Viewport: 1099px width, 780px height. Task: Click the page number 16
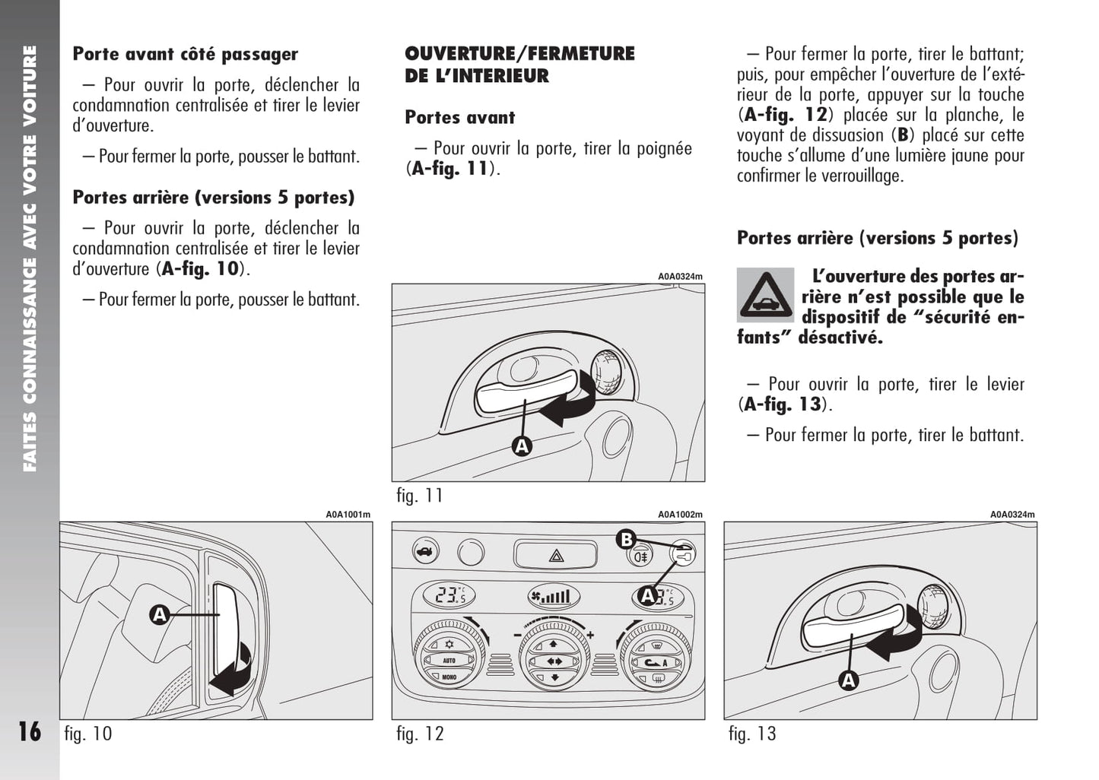(x=30, y=731)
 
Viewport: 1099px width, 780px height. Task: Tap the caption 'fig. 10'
(x=88, y=734)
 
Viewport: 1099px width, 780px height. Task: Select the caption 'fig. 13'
(x=752, y=734)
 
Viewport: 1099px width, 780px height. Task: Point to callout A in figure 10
(x=160, y=615)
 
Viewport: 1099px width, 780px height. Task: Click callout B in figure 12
(x=626, y=540)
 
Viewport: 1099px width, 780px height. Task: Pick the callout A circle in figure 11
(x=522, y=446)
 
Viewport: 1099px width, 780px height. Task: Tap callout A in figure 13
(x=848, y=680)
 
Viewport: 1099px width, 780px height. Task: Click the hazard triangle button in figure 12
(x=556, y=555)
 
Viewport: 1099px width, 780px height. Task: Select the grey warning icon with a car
(x=765, y=295)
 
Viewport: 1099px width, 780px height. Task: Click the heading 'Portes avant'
(x=459, y=117)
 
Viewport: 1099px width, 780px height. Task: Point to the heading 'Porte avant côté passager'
(x=186, y=54)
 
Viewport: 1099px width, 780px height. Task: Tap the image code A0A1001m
(x=348, y=515)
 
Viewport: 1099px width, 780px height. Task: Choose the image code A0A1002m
(x=680, y=515)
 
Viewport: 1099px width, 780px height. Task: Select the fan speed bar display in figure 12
(x=554, y=597)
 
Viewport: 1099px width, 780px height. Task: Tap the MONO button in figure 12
(x=449, y=677)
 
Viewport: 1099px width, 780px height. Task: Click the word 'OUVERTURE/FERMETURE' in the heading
(x=519, y=53)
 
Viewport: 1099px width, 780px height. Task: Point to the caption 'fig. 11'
(x=420, y=496)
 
